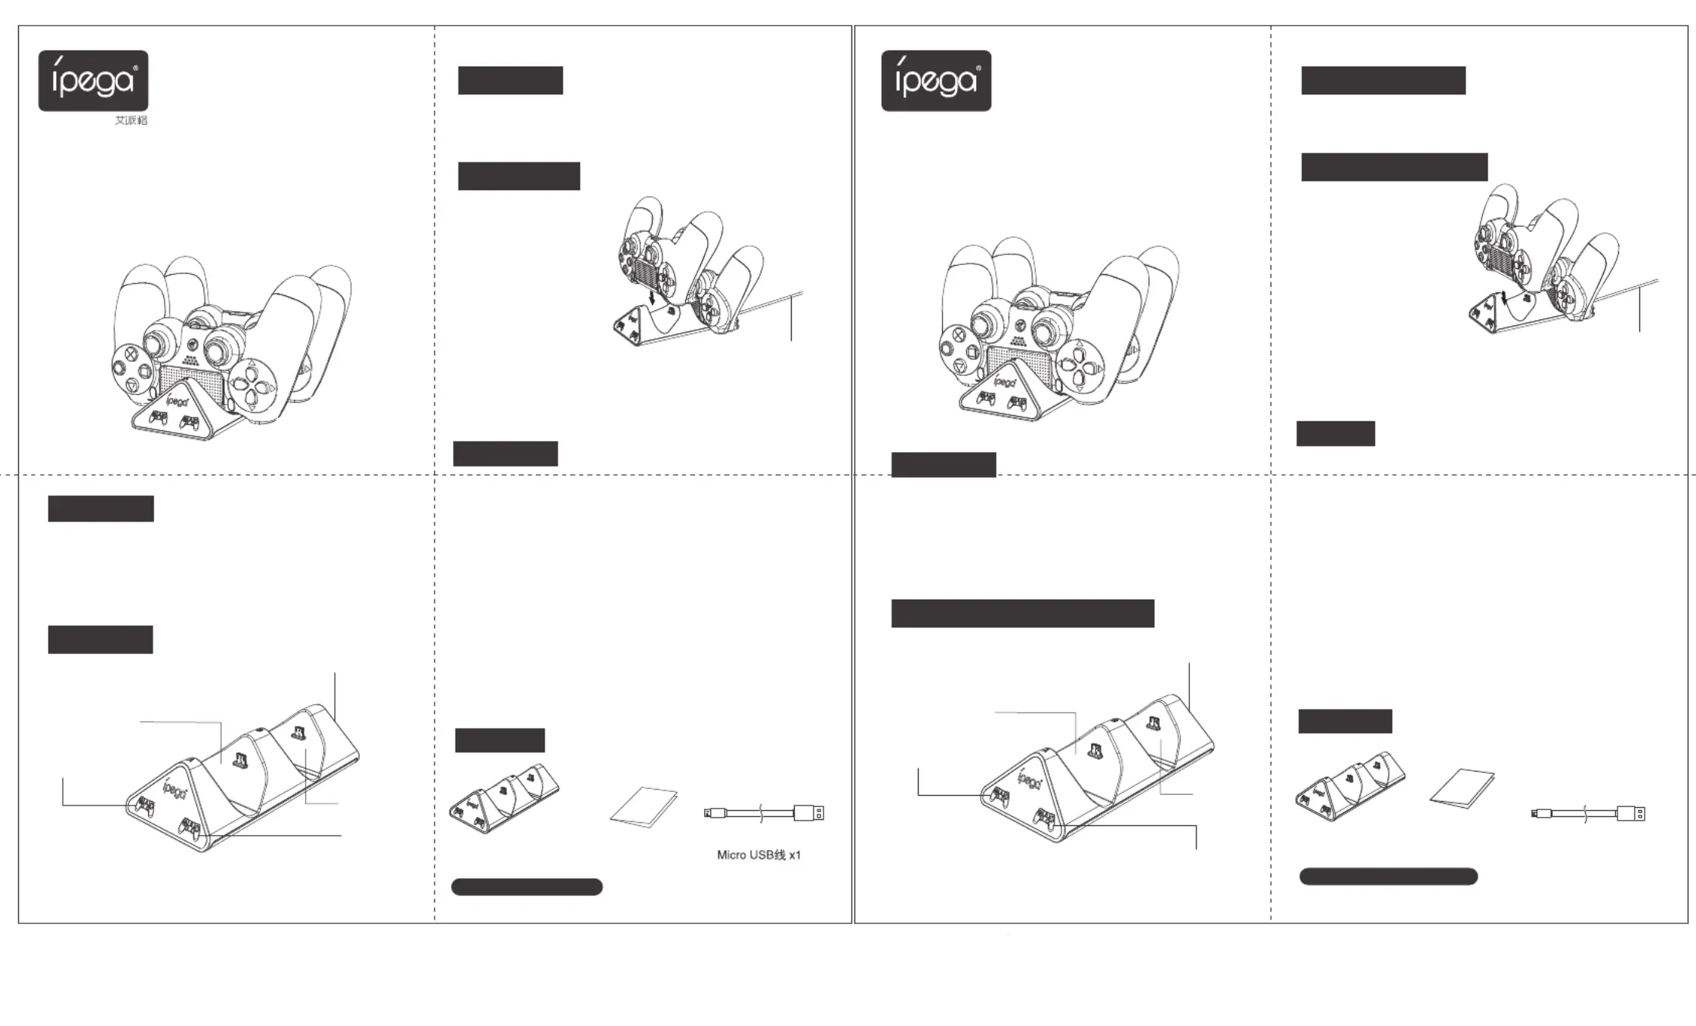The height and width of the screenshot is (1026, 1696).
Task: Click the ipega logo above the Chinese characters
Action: coord(94,81)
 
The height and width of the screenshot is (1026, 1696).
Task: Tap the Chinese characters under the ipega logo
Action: coord(131,121)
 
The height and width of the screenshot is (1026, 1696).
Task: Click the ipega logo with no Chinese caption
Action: coord(936,81)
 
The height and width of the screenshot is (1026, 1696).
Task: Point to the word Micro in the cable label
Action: coord(731,855)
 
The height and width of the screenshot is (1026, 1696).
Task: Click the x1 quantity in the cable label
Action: coord(795,855)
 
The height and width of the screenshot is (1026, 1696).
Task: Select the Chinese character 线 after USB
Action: coord(780,855)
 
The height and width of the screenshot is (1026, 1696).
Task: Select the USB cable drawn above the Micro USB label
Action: coord(764,813)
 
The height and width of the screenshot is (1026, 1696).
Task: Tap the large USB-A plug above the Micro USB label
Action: coord(808,813)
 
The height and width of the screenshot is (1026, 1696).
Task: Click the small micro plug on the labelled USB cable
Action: coord(714,813)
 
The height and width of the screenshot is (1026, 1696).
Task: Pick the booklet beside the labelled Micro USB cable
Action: coord(644,807)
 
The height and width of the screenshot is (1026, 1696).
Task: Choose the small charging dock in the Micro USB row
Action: coord(504,798)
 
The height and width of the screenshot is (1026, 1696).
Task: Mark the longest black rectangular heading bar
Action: coord(1023,614)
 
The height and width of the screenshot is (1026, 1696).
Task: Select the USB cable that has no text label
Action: coord(1588,814)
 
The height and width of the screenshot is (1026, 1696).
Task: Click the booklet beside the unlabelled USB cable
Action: coord(1462,788)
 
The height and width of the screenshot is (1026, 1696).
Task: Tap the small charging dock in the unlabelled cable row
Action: coord(1350,786)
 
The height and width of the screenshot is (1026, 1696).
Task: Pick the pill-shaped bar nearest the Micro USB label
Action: coord(527,887)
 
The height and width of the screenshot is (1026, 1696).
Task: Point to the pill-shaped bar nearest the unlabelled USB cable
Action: coord(1389,877)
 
